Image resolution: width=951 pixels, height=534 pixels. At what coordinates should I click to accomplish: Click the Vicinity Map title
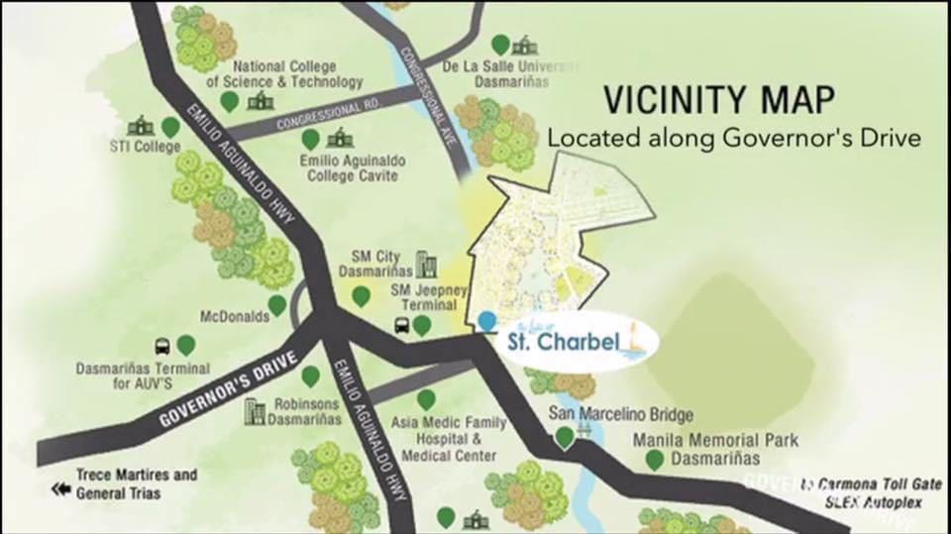tap(718, 100)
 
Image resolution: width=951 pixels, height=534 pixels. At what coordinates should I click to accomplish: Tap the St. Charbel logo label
tap(561, 343)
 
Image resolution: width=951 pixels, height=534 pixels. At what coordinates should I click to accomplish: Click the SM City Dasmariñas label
tap(375, 263)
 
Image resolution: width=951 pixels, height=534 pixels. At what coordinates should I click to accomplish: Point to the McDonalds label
tap(235, 317)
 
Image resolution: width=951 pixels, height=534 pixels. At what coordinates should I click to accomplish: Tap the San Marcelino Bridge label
tap(621, 414)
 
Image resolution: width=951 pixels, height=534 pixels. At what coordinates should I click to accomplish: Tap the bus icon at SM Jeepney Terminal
tap(403, 325)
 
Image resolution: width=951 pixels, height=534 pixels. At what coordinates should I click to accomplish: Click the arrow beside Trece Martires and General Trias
tap(62, 489)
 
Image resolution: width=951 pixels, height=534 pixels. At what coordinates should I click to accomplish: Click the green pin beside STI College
tap(170, 126)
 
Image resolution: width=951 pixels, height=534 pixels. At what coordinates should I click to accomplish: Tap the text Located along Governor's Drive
tap(734, 138)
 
